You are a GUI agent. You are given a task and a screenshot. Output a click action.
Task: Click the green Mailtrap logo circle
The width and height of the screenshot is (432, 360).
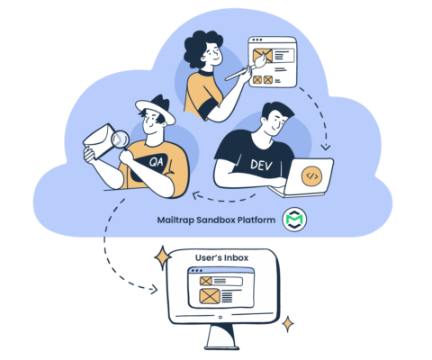(x=294, y=220)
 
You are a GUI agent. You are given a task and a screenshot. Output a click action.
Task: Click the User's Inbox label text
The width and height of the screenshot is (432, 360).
(x=221, y=257)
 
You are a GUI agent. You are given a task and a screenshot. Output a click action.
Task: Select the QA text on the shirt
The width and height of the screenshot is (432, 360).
(x=157, y=162)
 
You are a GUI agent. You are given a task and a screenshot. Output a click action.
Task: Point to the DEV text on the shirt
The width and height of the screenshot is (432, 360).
(x=261, y=165)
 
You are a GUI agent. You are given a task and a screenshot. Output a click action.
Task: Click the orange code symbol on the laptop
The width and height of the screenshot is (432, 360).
(x=311, y=176)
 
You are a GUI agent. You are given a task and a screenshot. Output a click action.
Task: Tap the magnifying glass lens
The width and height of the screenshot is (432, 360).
(x=120, y=139)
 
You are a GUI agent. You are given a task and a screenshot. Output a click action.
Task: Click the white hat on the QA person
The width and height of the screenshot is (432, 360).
(x=155, y=111)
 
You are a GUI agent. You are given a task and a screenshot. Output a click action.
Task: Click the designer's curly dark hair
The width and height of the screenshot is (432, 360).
(x=200, y=48)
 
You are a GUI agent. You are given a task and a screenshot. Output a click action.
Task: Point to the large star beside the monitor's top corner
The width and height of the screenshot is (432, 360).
(x=163, y=257)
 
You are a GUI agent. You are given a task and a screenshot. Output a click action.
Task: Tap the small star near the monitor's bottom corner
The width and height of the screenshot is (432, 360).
(x=288, y=324)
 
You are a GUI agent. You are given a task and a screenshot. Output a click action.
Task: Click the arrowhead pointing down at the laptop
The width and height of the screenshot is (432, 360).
(x=326, y=147)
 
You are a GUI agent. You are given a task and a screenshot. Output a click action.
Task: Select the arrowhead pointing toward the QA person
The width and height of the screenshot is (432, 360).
(x=196, y=195)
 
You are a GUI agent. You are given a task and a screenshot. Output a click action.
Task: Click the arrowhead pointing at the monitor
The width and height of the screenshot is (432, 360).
(x=154, y=290)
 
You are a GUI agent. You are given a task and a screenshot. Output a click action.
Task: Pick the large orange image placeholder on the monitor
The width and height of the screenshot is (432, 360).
(x=210, y=296)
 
